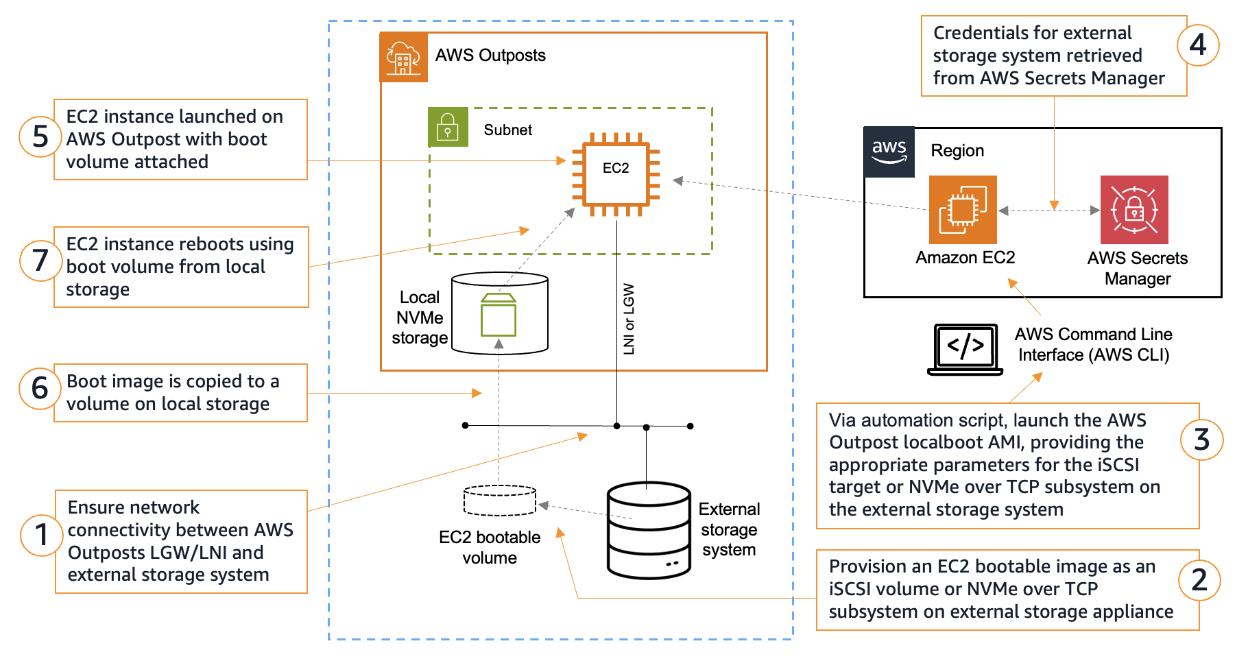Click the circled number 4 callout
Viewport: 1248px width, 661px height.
(x=1198, y=45)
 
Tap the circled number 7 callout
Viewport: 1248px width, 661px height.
(x=40, y=261)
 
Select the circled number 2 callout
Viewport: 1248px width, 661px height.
(x=1199, y=580)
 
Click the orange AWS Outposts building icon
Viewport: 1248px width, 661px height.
(x=404, y=58)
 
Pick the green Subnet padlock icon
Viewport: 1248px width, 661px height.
(x=448, y=127)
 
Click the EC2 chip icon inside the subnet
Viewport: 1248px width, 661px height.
(x=616, y=174)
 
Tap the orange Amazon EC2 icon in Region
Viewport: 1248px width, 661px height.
(x=963, y=210)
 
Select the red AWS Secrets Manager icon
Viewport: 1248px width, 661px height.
(x=1134, y=210)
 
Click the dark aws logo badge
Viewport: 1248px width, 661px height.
(x=889, y=152)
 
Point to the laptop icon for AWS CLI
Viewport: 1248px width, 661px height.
(x=965, y=349)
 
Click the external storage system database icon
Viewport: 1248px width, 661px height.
(x=649, y=530)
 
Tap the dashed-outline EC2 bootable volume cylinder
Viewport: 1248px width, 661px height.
(x=500, y=501)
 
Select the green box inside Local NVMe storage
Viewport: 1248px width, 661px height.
(x=499, y=315)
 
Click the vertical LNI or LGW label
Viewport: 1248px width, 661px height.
(x=629, y=319)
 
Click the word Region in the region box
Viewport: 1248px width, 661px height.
(x=957, y=151)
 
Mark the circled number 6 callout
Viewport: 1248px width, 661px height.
(x=40, y=388)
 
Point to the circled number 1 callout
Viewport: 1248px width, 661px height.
(x=41, y=535)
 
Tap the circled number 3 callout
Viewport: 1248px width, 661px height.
(x=1201, y=440)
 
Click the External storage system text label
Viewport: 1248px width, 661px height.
(x=729, y=529)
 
